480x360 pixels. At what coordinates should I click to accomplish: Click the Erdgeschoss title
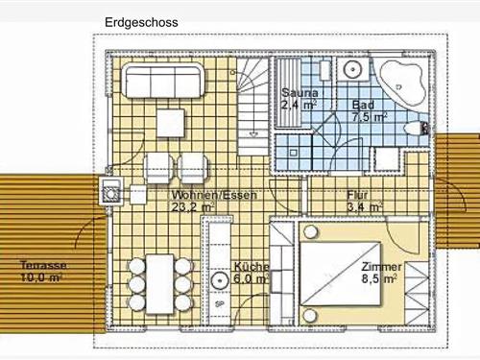141,22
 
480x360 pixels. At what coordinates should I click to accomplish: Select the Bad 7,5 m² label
370,111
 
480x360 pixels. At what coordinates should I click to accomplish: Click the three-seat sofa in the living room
164,81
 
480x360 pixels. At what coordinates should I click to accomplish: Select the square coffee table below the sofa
171,123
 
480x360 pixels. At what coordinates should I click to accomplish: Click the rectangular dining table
159,284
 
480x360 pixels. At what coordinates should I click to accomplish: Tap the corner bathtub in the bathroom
402,84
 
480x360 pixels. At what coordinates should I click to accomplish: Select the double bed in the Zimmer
340,274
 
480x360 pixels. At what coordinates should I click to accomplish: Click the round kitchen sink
220,280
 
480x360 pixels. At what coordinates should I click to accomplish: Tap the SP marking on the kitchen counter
220,304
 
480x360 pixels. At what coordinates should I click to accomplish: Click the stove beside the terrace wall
111,191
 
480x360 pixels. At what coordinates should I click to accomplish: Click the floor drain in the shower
293,153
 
